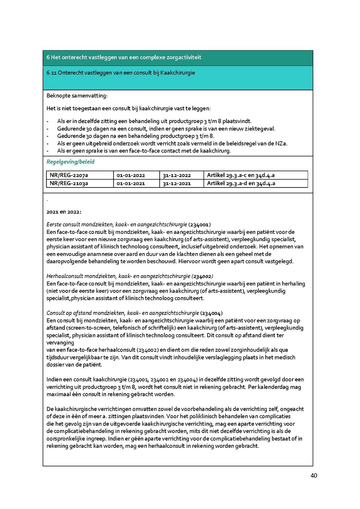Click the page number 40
point(314,476)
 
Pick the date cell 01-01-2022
point(131,175)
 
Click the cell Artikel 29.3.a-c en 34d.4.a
point(240,175)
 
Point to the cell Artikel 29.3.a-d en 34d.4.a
point(240,184)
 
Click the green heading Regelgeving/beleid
point(70,162)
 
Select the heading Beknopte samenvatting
point(77,96)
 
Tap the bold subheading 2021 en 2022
point(64,212)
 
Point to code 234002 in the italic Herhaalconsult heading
point(202,276)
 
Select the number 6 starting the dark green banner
point(48,58)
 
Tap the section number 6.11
point(51,73)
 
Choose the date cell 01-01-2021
point(131,184)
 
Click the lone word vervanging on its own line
point(60,343)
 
